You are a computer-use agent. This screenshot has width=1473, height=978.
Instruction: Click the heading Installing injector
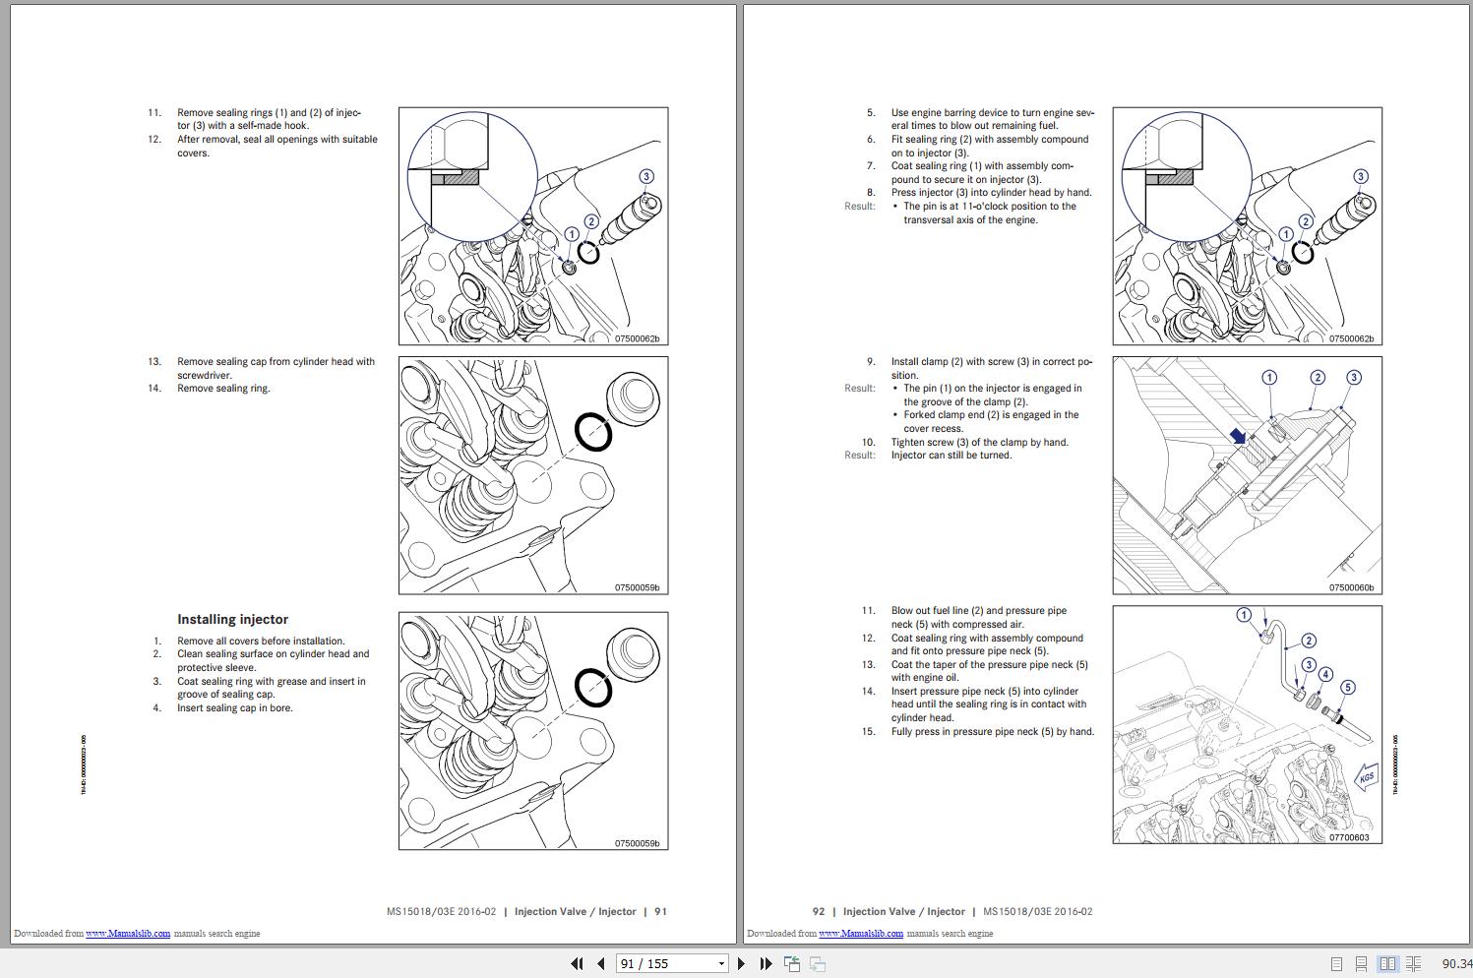pos(232,619)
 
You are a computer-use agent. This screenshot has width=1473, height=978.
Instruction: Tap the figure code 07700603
pos(1348,837)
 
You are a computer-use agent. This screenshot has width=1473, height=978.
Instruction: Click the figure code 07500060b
pos(1351,587)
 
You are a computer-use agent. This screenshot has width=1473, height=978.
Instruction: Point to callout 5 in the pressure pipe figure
pos(1347,688)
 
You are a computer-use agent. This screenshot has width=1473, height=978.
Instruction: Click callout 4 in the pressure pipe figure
pos(1325,675)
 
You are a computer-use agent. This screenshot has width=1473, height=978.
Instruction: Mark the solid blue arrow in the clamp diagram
pos(1236,436)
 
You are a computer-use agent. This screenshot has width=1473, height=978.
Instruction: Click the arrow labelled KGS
pos(1367,777)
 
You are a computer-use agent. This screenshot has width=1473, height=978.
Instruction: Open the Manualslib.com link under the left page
pos(128,933)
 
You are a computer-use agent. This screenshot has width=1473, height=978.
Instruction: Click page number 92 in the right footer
pos(819,911)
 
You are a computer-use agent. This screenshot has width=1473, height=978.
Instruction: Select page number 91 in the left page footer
pos(660,911)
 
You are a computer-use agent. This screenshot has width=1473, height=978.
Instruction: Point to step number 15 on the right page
pos(868,731)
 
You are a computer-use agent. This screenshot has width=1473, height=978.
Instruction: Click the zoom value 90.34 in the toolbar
pos(1456,963)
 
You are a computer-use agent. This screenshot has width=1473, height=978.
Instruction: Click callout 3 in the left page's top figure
pos(645,177)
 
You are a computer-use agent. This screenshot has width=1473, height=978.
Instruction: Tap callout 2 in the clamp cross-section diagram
pos(1318,378)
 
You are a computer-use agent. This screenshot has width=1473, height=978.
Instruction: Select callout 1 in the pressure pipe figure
pos(1244,615)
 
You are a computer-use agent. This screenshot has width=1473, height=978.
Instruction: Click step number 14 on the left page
pos(154,388)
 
